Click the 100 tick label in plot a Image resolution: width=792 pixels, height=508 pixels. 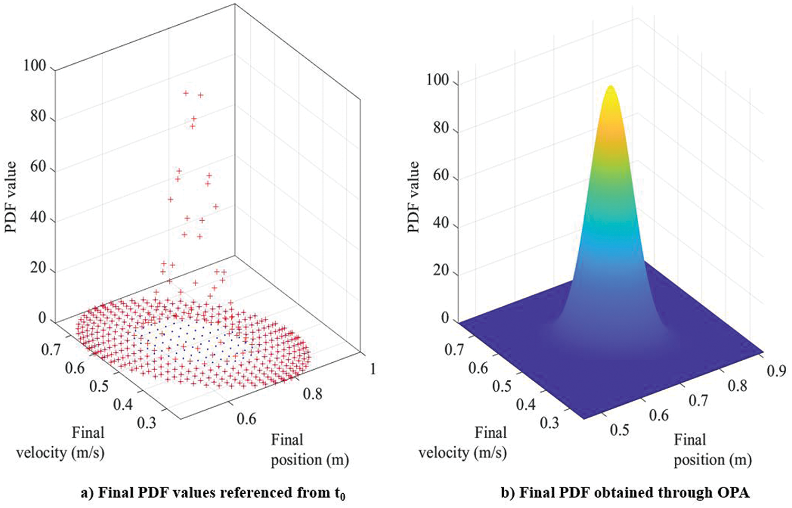tap(35, 67)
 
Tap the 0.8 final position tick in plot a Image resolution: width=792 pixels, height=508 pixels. tap(312, 394)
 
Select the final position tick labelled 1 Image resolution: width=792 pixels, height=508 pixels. tap(373, 369)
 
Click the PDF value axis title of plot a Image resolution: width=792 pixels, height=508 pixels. tap(11, 196)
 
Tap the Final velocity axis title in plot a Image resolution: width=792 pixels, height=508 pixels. tap(61, 443)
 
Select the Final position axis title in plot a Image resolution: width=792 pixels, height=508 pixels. tap(310, 450)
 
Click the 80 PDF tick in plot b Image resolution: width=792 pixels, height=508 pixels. tap(441, 128)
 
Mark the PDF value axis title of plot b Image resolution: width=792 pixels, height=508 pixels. tap(413, 196)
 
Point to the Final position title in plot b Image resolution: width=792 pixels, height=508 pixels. tap(712, 450)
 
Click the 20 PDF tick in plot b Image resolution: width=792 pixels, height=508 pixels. tap(441, 271)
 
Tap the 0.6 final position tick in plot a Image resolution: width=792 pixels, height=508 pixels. tap(246, 419)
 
